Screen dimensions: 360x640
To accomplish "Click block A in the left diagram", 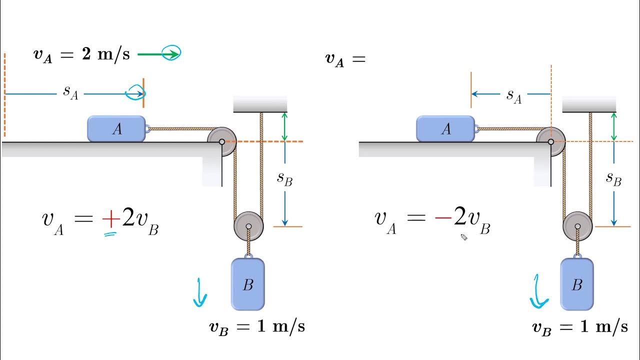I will [116, 129].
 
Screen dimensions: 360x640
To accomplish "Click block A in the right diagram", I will [445, 129].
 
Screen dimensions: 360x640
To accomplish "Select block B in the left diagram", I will [247, 284].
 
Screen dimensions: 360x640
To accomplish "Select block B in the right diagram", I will [577, 284].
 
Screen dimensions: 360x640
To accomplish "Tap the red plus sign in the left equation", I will [110, 219].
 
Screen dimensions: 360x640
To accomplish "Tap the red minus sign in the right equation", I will [442, 219].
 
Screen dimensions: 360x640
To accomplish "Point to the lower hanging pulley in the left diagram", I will [248, 226].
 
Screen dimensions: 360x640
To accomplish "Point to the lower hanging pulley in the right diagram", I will [577, 226].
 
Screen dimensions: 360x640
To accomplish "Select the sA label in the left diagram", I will [70, 92].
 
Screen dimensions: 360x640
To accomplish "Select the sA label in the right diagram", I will [513, 95].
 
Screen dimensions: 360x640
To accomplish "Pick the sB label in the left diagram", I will [284, 179].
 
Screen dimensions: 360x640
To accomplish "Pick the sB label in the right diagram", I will [613, 179].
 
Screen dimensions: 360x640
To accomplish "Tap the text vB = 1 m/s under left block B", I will [256, 327].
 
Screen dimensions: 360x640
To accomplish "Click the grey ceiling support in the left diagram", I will [260, 104].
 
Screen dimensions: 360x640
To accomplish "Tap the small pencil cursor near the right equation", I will [463, 237].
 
